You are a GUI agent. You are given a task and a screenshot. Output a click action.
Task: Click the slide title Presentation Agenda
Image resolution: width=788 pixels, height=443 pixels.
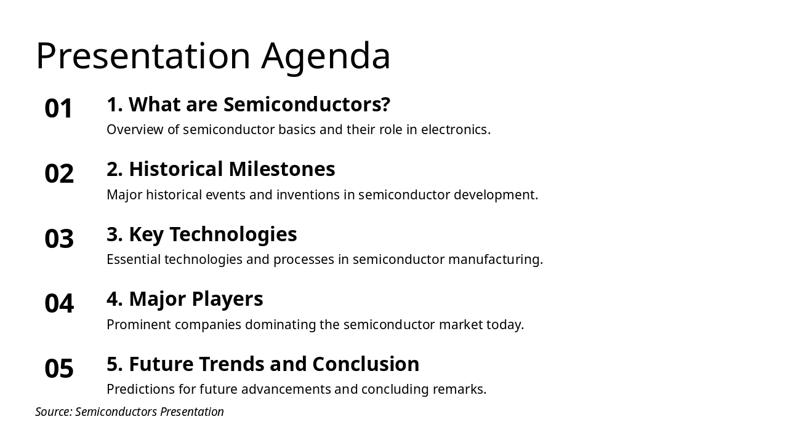pos(213,56)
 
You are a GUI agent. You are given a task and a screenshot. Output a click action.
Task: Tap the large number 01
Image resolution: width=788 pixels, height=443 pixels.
pos(59,109)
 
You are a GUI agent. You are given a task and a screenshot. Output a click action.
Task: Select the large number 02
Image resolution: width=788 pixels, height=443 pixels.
pos(59,174)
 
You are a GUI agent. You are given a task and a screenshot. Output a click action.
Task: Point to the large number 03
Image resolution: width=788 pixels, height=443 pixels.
pos(59,239)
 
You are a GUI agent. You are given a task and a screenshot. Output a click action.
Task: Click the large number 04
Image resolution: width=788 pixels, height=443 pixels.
pos(59,303)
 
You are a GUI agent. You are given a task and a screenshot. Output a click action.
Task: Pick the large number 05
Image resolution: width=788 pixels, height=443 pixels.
pos(59,369)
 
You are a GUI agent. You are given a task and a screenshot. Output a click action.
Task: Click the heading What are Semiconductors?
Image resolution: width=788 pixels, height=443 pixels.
pos(248,105)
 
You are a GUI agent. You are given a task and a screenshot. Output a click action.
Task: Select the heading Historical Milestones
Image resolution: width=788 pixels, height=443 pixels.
pos(220,169)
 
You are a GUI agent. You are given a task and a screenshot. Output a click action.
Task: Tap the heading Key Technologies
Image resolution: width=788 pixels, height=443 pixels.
pos(201,234)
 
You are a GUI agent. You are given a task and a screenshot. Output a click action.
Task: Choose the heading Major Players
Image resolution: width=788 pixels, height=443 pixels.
pos(185,299)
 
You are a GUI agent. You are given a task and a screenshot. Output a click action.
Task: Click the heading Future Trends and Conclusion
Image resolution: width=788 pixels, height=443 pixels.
pos(263,364)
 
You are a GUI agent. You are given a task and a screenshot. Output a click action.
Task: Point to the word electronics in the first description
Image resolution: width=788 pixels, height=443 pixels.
pos(455,130)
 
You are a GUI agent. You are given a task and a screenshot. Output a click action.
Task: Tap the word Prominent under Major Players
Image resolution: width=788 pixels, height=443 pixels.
pos(139,325)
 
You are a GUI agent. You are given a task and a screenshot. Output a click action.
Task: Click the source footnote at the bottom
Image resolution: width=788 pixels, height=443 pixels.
pos(129,412)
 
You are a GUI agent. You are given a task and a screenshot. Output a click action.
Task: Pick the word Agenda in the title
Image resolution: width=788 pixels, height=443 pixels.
pos(326,56)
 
